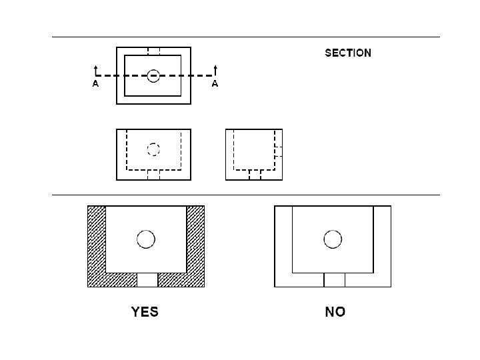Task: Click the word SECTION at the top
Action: pyautogui.click(x=348, y=53)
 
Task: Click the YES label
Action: pyautogui.click(x=145, y=311)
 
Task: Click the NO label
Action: pyautogui.click(x=335, y=311)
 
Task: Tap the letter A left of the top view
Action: pyautogui.click(x=95, y=85)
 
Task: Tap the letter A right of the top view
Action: pyautogui.click(x=215, y=85)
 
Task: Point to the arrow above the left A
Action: pyautogui.click(x=95, y=69)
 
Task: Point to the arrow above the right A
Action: pyautogui.click(x=215, y=69)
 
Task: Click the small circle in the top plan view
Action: pyautogui.click(x=153, y=76)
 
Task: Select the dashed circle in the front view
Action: pyautogui.click(x=153, y=149)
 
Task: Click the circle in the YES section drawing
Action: pyautogui.click(x=145, y=238)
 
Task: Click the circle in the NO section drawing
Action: pyautogui.click(x=332, y=238)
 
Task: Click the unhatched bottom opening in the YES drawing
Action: pyautogui.click(x=147, y=279)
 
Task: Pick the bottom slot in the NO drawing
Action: pyautogui.click(x=334, y=279)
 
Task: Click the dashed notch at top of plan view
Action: pyautogui.click(x=153, y=51)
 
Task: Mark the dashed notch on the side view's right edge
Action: pyautogui.click(x=279, y=151)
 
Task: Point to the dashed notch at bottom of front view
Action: pyautogui.click(x=153, y=175)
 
